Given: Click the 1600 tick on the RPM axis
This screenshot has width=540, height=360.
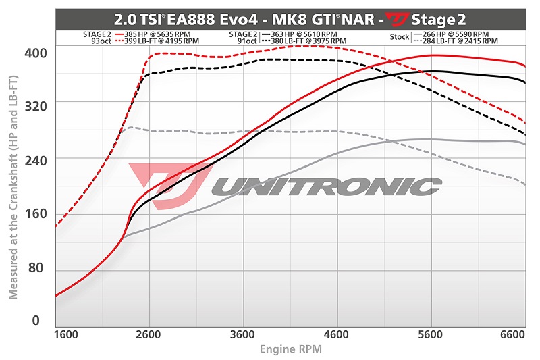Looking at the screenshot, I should pyautogui.click(x=66, y=334).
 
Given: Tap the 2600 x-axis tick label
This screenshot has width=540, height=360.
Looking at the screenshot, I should pyautogui.click(x=161, y=334).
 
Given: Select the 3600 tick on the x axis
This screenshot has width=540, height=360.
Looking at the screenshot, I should pyautogui.click(x=254, y=334).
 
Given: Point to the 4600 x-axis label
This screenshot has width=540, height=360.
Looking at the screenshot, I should pyautogui.click(x=349, y=334).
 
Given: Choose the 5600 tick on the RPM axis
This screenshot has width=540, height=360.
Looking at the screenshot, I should pyautogui.click(x=443, y=334).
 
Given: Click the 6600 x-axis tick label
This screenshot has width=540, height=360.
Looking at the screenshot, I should pyautogui.click(x=513, y=334).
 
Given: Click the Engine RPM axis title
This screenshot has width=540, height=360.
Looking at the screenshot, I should pyautogui.click(x=290, y=349).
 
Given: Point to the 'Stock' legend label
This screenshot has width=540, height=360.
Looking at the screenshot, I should pyautogui.click(x=399, y=37).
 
